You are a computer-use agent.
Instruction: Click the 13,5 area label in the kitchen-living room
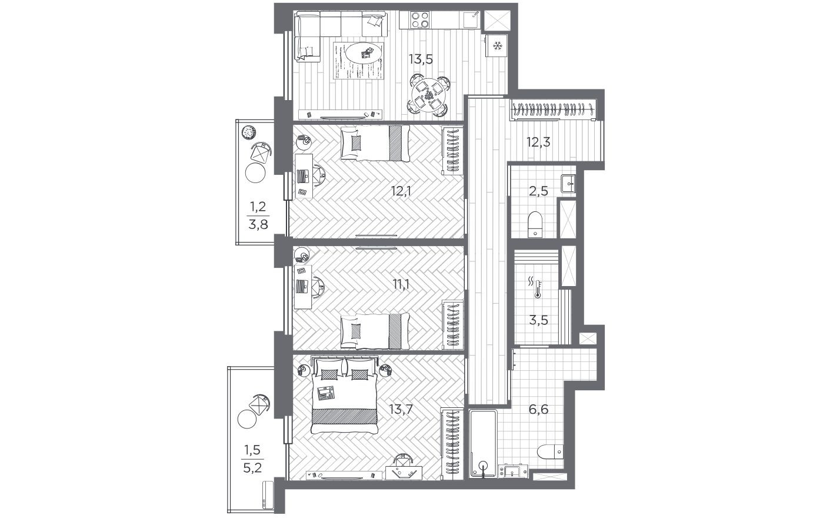click(x=421, y=58)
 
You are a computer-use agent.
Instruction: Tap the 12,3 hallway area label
click(x=538, y=141)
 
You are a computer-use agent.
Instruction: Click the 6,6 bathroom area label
click(x=538, y=409)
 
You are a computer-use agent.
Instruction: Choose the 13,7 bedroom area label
click(x=402, y=409)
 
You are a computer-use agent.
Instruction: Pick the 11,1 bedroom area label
click(x=402, y=285)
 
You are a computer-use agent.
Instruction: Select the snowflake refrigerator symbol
click(x=497, y=45)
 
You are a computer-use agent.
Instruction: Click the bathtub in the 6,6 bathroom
click(x=484, y=443)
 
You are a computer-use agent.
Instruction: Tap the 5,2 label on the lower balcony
click(x=254, y=468)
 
